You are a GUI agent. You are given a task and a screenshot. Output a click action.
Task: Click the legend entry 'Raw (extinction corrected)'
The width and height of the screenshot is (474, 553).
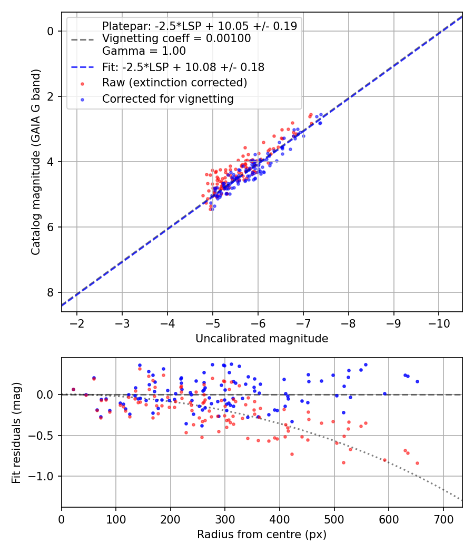(x=174, y=83)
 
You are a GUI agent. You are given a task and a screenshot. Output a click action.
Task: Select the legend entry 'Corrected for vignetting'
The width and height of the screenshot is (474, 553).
(x=167, y=98)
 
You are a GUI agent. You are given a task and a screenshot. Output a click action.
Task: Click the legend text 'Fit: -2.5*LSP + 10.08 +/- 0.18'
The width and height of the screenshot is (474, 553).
(x=183, y=67)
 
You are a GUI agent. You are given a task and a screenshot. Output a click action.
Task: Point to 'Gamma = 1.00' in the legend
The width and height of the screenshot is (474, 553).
(x=144, y=51)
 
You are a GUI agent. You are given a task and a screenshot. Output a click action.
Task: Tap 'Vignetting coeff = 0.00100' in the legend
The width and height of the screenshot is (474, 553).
(x=176, y=38)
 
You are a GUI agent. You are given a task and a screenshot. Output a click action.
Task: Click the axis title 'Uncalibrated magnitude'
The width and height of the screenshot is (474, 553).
(x=262, y=339)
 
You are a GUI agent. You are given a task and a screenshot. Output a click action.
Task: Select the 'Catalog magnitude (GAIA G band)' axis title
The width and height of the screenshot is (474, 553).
(x=35, y=161)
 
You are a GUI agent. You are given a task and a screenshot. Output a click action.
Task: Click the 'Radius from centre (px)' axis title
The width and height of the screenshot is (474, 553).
(x=262, y=535)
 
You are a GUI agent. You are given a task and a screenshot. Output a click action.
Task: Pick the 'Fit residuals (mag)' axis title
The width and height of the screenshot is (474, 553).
(x=17, y=432)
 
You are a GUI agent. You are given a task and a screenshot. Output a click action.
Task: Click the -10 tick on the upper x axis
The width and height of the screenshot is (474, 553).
(x=439, y=321)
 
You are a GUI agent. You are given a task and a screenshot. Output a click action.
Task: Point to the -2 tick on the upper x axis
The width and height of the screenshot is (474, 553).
(x=77, y=321)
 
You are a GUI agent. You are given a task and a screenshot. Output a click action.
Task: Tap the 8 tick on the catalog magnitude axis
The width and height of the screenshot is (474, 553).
(x=51, y=292)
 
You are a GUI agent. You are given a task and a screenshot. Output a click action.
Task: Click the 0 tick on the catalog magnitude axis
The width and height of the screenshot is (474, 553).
(x=51, y=31)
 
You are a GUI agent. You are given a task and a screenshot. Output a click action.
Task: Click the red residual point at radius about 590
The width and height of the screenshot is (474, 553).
(x=384, y=460)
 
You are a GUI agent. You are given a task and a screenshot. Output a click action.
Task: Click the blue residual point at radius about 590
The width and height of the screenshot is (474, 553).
(x=384, y=393)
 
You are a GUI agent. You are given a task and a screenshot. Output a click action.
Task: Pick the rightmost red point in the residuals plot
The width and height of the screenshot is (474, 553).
(x=417, y=463)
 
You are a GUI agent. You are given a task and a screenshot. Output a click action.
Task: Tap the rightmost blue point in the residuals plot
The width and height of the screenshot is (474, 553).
(x=417, y=381)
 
